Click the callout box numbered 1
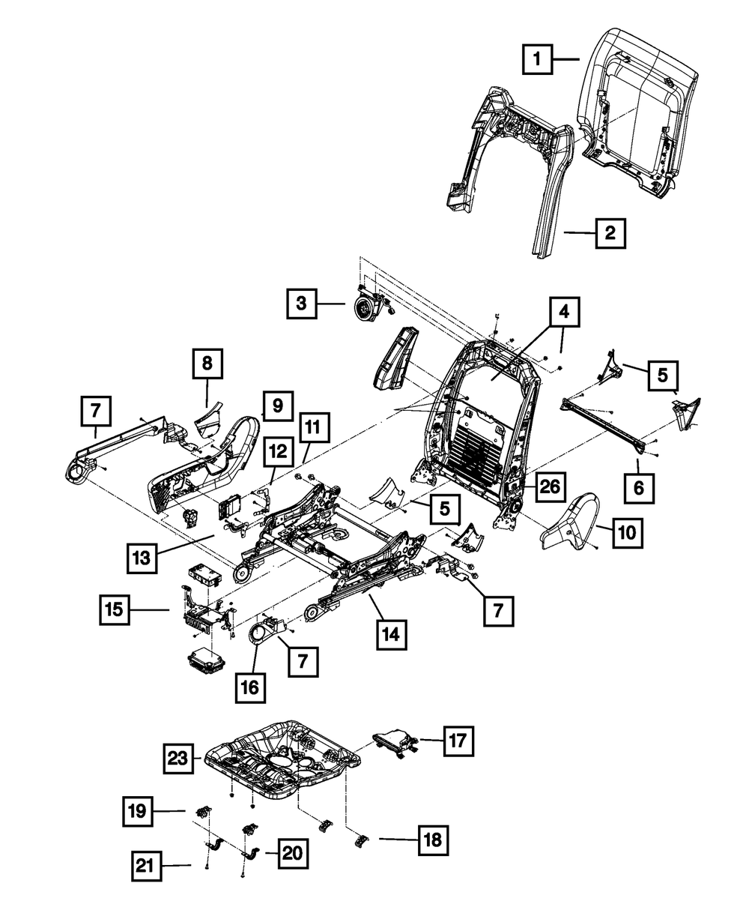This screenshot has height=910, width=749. coord(538,59)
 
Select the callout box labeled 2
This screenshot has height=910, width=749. coord(610,233)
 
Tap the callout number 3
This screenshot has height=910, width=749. coord(301,304)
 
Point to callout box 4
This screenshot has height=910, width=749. coord(565,313)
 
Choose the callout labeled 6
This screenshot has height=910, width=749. coord(638,489)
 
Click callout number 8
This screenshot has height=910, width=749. coord(207,365)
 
